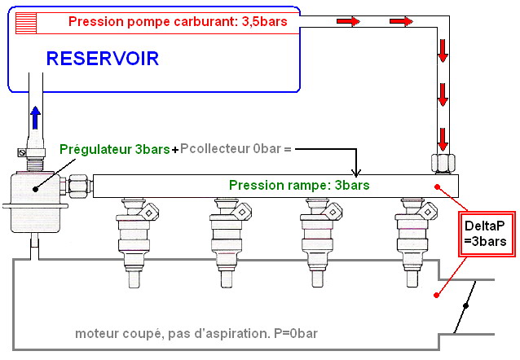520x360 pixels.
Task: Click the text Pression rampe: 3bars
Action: (x=299, y=186)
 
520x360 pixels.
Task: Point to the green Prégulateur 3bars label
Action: (x=115, y=150)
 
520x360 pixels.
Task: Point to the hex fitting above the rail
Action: (x=442, y=162)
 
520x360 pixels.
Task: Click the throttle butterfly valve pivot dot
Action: (x=466, y=306)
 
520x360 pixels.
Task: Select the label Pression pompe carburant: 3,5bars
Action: (x=178, y=21)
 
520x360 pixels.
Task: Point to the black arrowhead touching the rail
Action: (x=355, y=171)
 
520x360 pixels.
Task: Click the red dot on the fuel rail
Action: (x=438, y=187)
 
